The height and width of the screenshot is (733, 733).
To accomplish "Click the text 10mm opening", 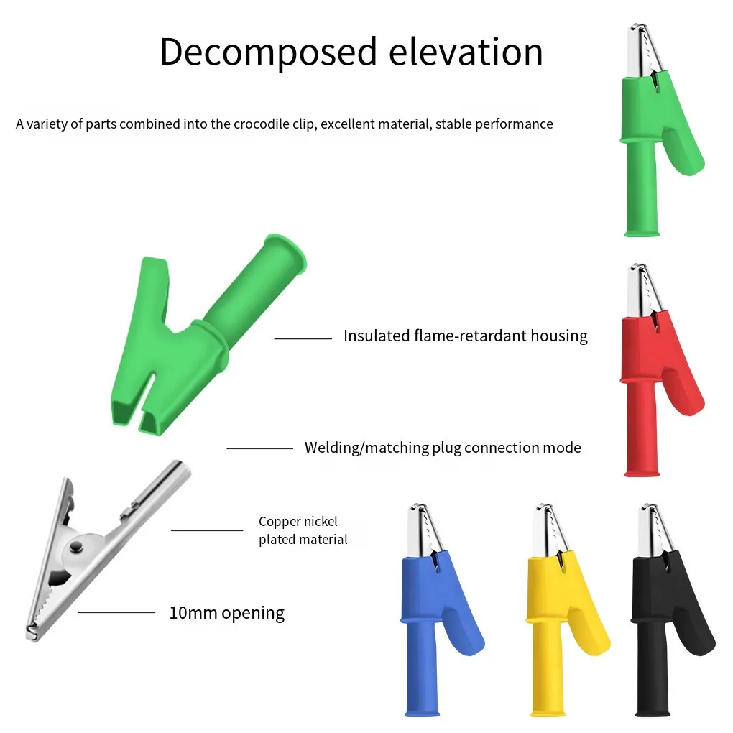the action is tap(226, 613).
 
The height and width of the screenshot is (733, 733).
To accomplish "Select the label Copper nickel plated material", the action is tap(303, 530).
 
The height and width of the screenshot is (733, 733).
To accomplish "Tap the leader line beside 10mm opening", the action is tap(116, 612).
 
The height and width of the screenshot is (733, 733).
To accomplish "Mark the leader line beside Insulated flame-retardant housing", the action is tap(303, 338).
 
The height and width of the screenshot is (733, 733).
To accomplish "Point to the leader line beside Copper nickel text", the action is tap(206, 530).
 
